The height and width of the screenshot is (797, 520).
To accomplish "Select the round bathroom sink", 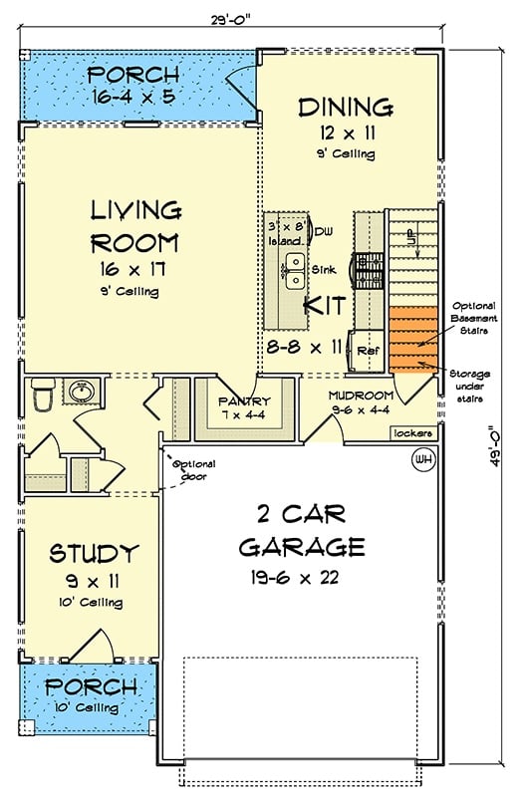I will [79, 391].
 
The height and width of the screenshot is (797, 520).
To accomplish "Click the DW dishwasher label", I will [324, 232].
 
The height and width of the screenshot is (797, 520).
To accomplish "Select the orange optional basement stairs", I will [413, 338].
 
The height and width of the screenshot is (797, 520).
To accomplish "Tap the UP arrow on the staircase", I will [408, 237].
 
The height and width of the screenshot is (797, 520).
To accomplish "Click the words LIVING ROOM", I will [135, 226].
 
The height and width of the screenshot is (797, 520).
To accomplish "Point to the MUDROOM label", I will [362, 396].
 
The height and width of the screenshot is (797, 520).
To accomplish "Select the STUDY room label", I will [94, 553].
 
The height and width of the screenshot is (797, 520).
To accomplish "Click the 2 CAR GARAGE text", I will [301, 530].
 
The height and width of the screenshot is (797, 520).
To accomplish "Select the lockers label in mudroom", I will [413, 433].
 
